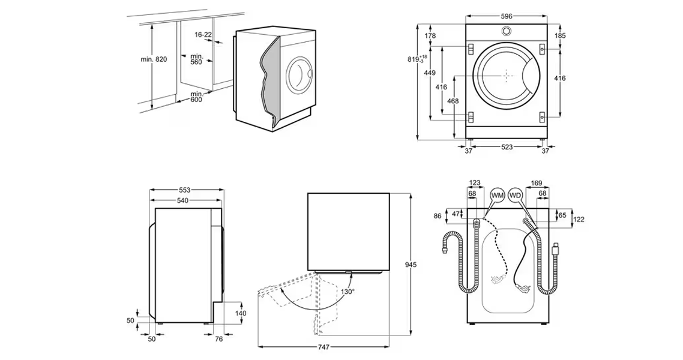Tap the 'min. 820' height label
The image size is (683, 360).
[154, 59]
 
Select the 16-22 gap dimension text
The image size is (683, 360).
[203, 35]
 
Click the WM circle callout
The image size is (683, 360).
[497, 196]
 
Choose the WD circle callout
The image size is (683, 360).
[516, 196]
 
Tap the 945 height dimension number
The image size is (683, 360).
[411, 265]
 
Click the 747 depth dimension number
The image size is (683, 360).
[323, 347]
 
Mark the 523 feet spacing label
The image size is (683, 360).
[507, 147]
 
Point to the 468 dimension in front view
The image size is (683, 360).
[453, 101]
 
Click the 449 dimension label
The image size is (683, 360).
[430, 73]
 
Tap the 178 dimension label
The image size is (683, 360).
[430, 37]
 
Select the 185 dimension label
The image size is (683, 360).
[560, 36]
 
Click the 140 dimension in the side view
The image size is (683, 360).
[241, 313]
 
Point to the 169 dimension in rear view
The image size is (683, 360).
[537, 183]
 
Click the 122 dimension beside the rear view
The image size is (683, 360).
[579, 220]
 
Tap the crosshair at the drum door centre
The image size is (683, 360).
[507, 76]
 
